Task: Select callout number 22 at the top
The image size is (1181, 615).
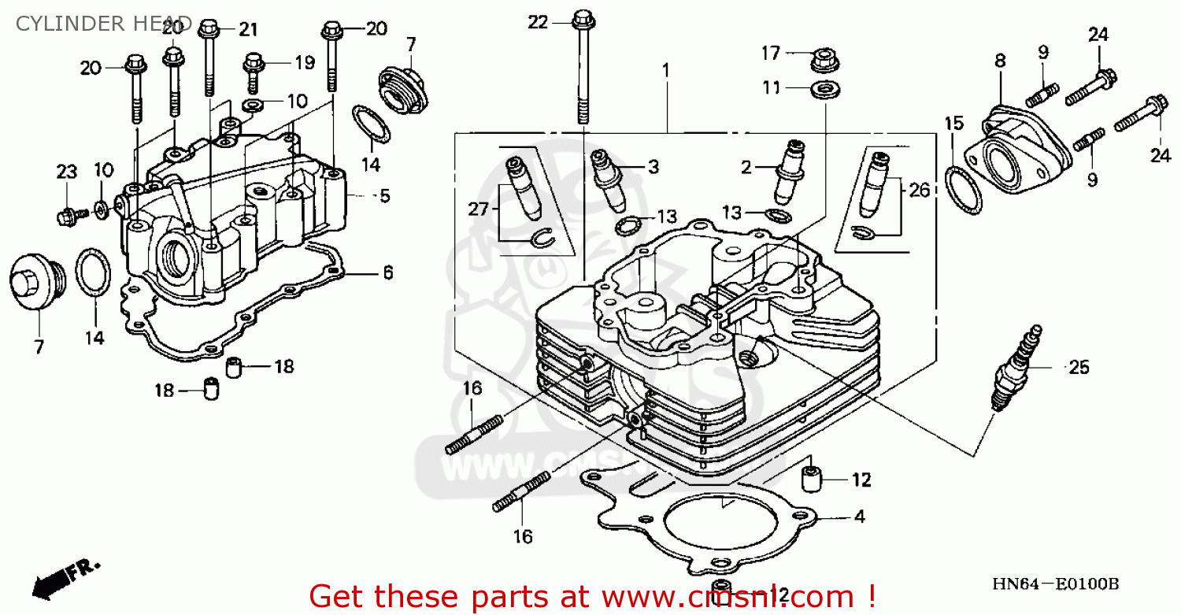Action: pos(537,23)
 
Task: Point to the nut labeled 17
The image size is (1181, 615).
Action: pos(823,57)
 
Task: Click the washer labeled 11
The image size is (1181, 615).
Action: pos(824,88)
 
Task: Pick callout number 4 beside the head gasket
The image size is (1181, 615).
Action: pos(859,517)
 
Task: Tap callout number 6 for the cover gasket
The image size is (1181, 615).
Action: pos(387,273)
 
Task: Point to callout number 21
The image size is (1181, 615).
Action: pos(248,30)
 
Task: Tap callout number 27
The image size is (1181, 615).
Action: pos(479,209)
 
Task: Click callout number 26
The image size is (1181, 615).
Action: pos(919,190)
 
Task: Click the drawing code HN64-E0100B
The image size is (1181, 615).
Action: pos(1055,584)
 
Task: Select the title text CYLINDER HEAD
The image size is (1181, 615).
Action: pos(103,23)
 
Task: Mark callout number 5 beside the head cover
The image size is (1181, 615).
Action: pos(384,196)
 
